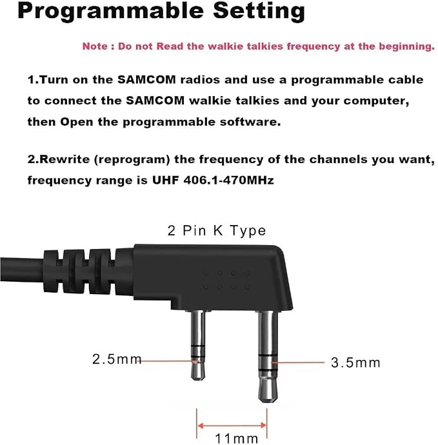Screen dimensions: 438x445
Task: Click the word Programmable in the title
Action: [x=110, y=11]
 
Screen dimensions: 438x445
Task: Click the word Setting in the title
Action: [x=259, y=11]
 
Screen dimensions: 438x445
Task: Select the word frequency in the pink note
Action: [x=313, y=46]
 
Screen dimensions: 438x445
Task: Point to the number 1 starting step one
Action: [x=31, y=80]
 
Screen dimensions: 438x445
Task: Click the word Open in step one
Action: [x=76, y=122]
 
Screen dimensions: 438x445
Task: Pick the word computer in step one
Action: [x=376, y=101]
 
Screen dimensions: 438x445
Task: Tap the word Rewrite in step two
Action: [x=65, y=159]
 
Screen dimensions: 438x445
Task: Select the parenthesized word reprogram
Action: [x=132, y=160]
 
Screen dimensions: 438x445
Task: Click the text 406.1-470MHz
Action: [x=228, y=180]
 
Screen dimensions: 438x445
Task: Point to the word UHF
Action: [x=165, y=180]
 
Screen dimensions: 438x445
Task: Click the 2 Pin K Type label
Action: [x=217, y=230]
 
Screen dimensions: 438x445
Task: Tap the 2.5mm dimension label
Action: [x=117, y=359]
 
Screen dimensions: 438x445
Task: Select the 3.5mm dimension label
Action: [x=355, y=362]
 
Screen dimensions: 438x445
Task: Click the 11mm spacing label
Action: [x=237, y=439]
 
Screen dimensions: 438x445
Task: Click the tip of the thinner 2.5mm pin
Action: [x=198, y=379]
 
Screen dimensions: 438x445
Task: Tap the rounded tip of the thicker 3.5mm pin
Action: [x=268, y=400]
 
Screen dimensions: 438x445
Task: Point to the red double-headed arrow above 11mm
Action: [x=232, y=426]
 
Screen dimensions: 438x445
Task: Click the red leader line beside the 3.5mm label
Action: [x=298, y=362]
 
